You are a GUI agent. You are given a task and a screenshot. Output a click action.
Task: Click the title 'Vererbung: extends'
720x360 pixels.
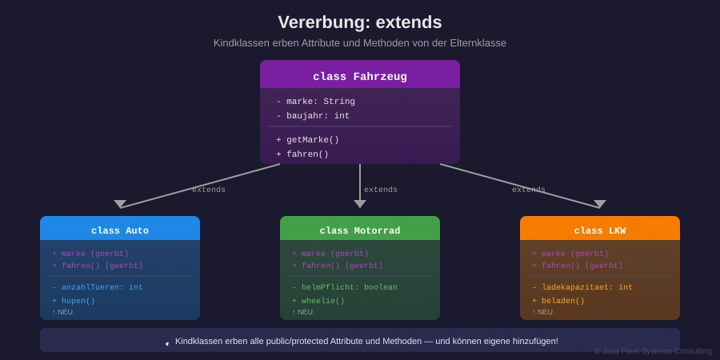[359, 22]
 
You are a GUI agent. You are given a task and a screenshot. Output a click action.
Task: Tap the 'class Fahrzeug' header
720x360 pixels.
[360, 77]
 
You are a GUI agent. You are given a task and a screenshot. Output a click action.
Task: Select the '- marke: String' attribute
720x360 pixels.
[315, 102]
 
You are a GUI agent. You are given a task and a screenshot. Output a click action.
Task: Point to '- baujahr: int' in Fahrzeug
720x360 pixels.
[313, 116]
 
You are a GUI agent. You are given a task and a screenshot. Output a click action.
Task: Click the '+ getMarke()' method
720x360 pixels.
[307, 140]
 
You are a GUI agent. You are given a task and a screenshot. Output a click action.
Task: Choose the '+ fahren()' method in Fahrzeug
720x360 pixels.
[302, 154]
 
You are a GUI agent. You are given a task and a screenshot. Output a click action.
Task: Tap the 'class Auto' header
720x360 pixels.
[120, 230]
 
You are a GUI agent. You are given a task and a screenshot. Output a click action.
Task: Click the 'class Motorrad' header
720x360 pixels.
[360, 230]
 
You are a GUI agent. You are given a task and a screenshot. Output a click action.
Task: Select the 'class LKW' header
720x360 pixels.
[600, 230]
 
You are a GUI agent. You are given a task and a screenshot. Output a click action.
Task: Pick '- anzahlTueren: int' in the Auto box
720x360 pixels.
[98, 287]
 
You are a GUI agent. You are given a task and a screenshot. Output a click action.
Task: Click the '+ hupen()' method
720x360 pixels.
[74, 301]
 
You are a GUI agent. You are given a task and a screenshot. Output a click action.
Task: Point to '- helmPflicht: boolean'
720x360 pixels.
[344, 287]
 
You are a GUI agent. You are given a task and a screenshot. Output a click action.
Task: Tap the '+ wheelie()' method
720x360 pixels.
[318, 301]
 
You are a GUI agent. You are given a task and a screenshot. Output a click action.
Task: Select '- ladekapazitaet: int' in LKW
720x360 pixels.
[582, 287]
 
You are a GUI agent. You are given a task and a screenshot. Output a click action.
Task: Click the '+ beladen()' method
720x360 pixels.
[558, 301]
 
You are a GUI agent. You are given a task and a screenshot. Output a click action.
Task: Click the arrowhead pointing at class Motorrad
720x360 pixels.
[360, 204]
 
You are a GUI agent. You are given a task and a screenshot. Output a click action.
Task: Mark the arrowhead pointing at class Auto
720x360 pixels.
[120, 204]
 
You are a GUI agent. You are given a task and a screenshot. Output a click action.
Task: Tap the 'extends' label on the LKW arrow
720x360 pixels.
[529, 190]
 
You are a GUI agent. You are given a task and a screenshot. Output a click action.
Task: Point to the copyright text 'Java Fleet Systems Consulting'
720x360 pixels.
[653, 350]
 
